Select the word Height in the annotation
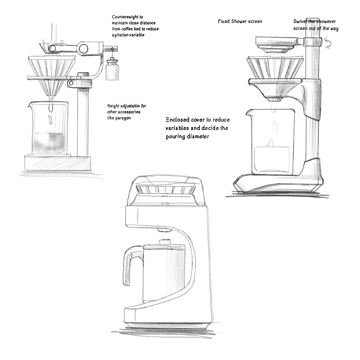pyautogui.click(x=113, y=106)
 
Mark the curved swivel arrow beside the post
pyautogui.click(x=328, y=43)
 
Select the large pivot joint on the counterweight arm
pyautogui.click(x=83, y=48)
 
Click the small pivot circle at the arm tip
pyautogui.click(x=52, y=48)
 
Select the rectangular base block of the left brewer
pyautogui.click(x=57, y=163)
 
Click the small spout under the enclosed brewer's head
pyautogui.click(x=164, y=230)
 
